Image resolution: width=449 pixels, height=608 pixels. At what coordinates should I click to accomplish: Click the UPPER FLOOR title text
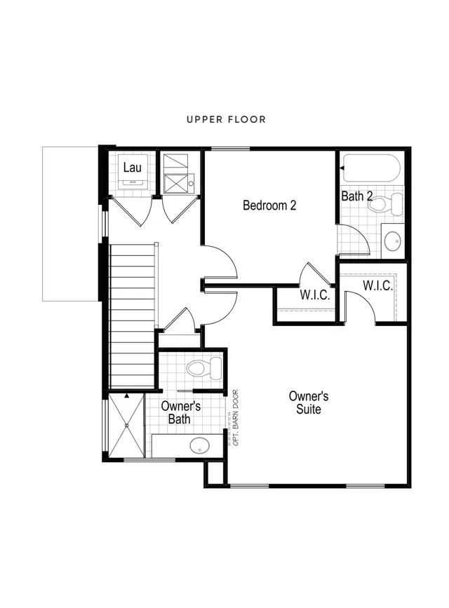[x=226, y=119]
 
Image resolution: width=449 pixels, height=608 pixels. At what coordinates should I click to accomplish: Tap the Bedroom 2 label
[x=269, y=205]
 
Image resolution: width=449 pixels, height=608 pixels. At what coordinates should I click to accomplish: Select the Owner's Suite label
[x=309, y=403]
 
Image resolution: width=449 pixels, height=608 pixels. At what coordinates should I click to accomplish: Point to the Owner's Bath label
[x=180, y=412]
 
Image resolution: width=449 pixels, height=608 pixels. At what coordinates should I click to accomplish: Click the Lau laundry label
[x=133, y=168]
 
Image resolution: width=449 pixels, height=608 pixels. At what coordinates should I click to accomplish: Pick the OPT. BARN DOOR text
[x=236, y=417]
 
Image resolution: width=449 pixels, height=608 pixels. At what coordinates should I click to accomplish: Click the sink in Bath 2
[x=393, y=241]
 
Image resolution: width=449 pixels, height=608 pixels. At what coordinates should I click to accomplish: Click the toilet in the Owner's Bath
[x=204, y=368]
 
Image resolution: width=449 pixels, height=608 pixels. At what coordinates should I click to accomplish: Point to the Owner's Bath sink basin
[x=199, y=445]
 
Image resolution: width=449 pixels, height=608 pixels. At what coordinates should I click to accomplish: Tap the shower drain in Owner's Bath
[x=127, y=426]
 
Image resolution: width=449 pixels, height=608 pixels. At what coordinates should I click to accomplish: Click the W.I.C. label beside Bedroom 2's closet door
[x=315, y=295]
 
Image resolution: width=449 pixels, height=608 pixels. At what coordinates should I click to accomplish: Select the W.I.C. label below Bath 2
[x=377, y=286]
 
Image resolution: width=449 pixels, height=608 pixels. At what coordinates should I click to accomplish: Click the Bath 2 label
[x=357, y=196]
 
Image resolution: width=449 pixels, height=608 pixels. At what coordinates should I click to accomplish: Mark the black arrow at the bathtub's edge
[x=342, y=168]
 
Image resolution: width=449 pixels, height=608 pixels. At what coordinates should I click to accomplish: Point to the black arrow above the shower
[x=126, y=396]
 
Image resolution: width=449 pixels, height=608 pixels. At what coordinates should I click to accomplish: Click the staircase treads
[x=133, y=316]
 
